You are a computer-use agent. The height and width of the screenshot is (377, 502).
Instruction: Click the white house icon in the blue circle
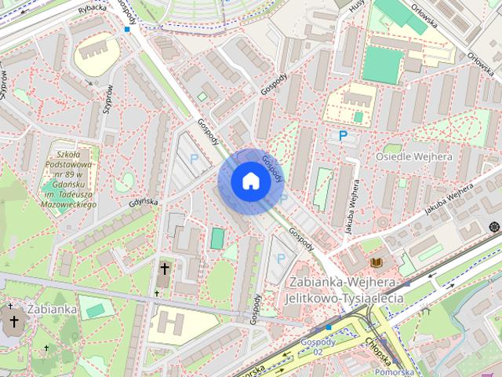tap(250, 181)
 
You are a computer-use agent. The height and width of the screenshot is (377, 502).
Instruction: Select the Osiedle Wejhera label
tap(414, 156)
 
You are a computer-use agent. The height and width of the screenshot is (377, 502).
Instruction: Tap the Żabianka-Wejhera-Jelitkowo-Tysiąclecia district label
tap(345, 290)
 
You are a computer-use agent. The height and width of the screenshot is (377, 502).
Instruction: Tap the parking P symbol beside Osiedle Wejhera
tap(343, 136)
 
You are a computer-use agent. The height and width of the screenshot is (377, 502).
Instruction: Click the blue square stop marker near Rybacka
tap(127, 29)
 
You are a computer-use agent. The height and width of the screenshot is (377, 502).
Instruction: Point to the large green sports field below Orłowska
tap(383, 64)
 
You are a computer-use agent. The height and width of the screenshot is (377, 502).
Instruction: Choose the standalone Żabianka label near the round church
tap(53, 309)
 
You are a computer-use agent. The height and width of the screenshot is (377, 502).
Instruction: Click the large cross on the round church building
tap(13, 320)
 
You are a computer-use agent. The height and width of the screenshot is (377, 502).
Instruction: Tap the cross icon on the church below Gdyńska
tap(164, 269)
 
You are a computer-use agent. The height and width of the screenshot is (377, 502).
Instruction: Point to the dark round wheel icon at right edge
tap(494, 227)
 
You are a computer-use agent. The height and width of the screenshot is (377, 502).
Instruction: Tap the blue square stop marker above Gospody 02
tap(329, 327)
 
